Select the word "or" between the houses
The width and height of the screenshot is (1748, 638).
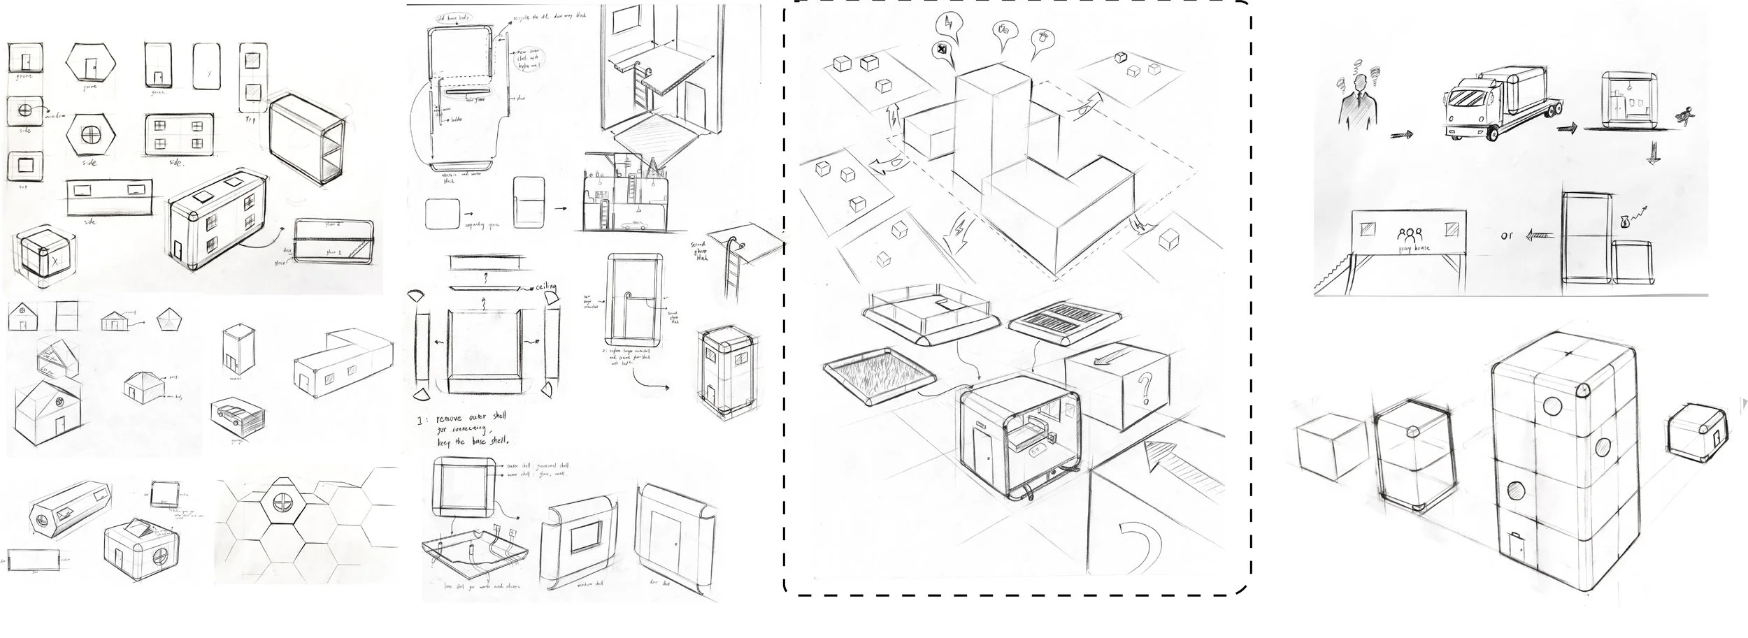[x=1506, y=235]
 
